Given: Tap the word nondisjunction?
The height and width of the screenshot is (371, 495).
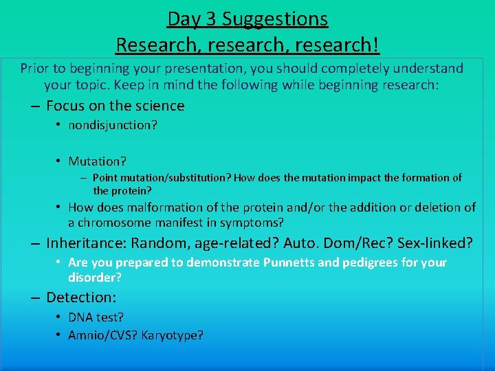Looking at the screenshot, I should pyautogui.click(x=113, y=125).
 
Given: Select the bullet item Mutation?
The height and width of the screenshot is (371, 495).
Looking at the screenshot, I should pyautogui.click(x=97, y=161).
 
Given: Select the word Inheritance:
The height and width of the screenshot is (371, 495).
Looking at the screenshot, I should pyautogui.click(x=87, y=243).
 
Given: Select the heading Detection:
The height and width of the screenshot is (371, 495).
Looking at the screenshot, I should pyautogui.click(x=81, y=297).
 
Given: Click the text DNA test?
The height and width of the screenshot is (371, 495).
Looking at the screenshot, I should pyautogui.click(x=96, y=317).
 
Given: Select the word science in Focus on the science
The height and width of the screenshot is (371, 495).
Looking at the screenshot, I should pyautogui.click(x=159, y=106).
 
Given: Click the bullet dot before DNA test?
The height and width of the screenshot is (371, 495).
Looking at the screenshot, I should pyautogui.click(x=59, y=317).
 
